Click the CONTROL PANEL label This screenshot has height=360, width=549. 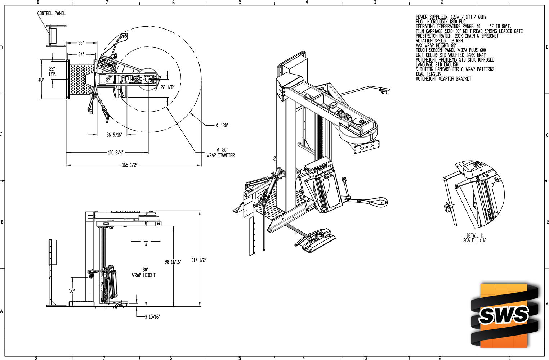[52, 13]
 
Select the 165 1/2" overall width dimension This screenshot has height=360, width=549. [130, 165]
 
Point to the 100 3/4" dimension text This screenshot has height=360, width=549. [115, 153]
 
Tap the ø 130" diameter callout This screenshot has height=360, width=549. [222, 125]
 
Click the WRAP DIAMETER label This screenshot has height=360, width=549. [220, 155]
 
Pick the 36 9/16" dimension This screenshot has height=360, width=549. [114, 135]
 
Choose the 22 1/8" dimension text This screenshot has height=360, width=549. [168, 87]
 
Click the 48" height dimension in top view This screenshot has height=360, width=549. [41, 80]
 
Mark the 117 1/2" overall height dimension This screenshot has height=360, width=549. [199, 260]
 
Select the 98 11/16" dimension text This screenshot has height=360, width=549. [173, 262]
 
